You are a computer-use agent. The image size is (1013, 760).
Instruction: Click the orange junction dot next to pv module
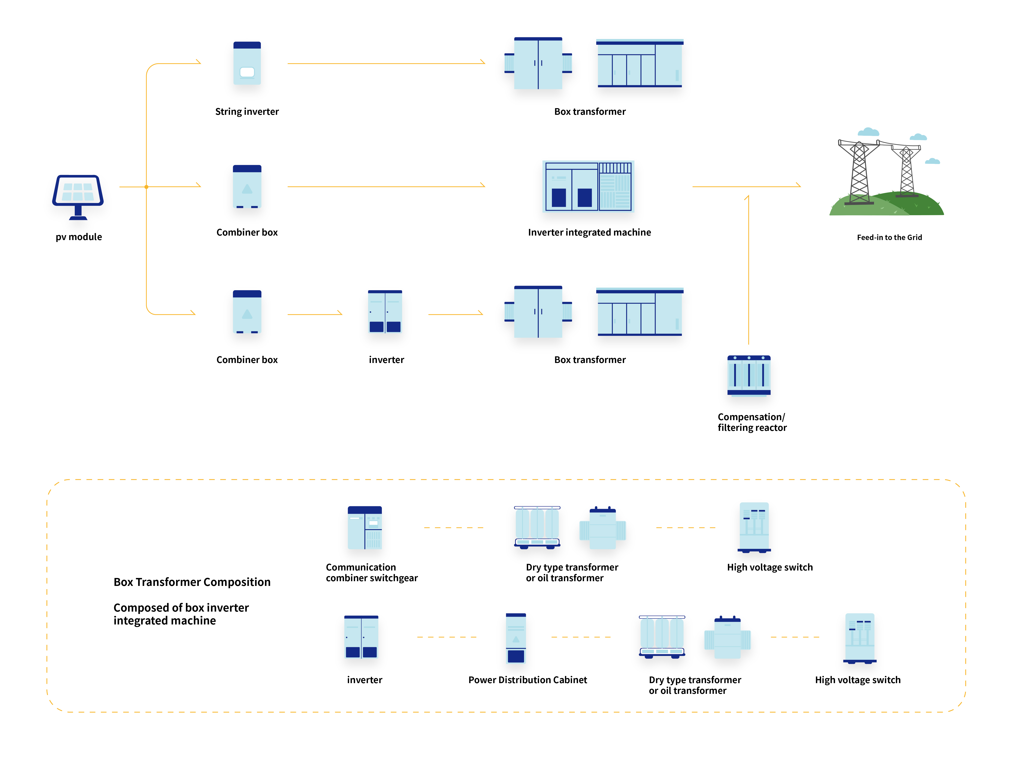pyautogui.click(x=146, y=187)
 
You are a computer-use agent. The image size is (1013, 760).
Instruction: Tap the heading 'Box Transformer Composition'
pyautogui.click(x=192, y=582)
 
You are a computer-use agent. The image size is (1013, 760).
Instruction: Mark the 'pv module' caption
pyautogui.click(x=79, y=237)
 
